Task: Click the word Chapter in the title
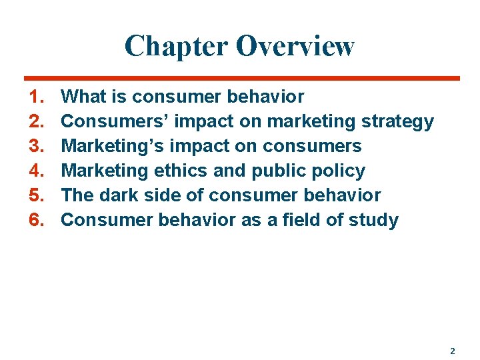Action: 176,46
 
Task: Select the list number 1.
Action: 37,97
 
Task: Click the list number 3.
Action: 37,147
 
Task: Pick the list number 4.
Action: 37,171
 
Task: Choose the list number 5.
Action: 37,196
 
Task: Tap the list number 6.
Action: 37,221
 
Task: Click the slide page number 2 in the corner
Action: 453,351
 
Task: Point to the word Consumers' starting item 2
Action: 110,122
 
